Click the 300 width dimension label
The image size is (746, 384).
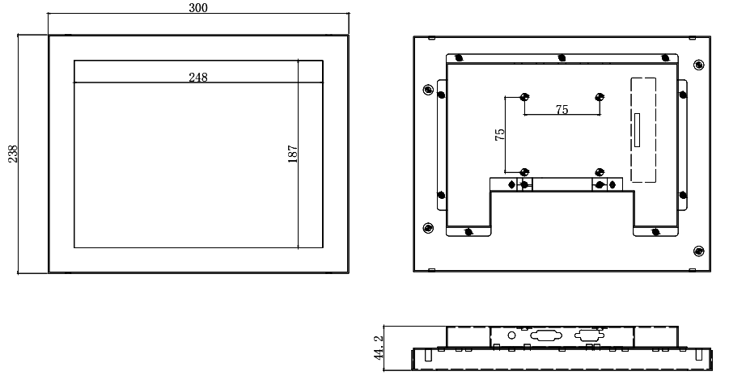click(198, 8)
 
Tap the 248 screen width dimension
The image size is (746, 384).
click(198, 78)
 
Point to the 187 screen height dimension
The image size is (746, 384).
click(293, 154)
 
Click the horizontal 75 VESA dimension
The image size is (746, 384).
click(562, 110)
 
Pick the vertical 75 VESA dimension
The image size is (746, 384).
click(500, 134)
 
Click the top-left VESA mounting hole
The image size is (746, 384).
click(524, 97)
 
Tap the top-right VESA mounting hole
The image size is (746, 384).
click(600, 97)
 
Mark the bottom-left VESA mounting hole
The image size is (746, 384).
click(524, 171)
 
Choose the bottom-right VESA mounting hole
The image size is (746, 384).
click(600, 171)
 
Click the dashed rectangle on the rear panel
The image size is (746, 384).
click(642, 129)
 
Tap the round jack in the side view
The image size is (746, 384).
click(511, 335)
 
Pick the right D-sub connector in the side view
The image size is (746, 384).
click(588, 335)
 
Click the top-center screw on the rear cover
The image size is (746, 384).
click(562, 58)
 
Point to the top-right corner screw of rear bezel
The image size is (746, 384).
click(699, 64)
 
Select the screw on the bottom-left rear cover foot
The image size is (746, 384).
click(468, 232)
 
